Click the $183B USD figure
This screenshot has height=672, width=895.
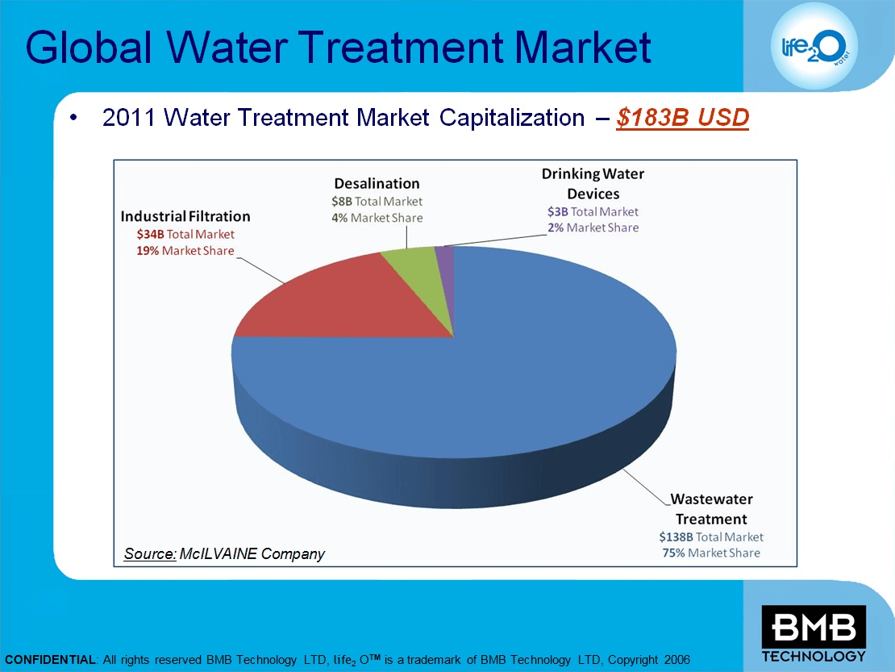click(682, 118)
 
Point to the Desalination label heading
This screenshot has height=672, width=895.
click(377, 183)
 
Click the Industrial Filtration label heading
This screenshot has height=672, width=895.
click(185, 216)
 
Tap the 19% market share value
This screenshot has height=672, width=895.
click(148, 251)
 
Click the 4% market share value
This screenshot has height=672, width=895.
click(339, 218)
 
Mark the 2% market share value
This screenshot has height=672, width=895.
click(556, 227)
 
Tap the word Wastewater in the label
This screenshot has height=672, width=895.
click(711, 500)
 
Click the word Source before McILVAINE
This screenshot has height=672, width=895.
click(150, 553)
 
